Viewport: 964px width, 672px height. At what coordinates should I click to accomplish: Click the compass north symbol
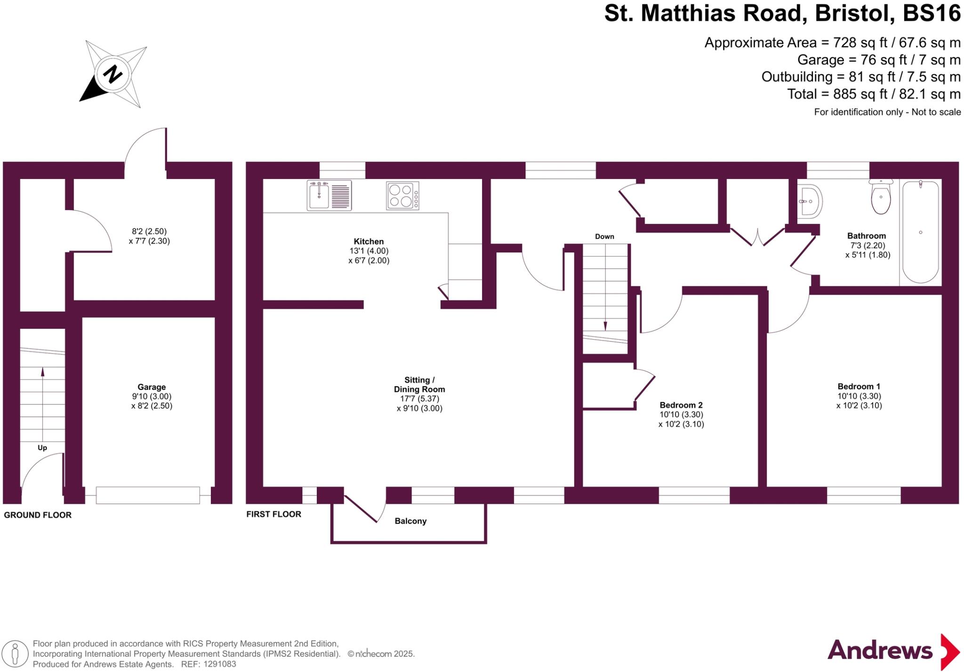click(113, 74)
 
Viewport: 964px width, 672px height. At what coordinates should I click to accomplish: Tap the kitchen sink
click(329, 195)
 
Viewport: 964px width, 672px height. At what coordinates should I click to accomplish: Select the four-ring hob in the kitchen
click(403, 195)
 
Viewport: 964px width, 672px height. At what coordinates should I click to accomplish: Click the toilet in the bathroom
click(881, 198)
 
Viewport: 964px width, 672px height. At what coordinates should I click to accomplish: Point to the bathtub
click(920, 232)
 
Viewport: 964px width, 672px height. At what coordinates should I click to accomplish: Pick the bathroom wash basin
click(810, 202)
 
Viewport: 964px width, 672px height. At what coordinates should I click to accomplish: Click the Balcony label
click(410, 521)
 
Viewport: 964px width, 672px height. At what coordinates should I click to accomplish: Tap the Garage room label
click(152, 387)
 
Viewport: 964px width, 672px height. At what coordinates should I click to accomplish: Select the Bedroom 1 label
click(859, 387)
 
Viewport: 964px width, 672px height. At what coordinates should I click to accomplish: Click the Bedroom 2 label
click(681, 405)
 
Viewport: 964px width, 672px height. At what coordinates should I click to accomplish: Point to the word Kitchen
click(369, 242)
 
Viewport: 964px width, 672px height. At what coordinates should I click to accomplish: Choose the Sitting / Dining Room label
click(419, 385)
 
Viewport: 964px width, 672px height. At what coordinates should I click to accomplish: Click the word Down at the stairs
click(604, 236)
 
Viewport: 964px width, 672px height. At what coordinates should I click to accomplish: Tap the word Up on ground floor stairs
click(42, 448)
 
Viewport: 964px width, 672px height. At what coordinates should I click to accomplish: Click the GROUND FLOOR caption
click(38, 515)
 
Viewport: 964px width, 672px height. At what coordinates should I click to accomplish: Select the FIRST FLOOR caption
click(273, 514)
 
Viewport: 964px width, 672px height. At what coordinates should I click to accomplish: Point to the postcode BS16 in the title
click(932, 13)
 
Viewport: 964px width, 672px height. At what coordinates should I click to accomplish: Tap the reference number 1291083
click(218, 664)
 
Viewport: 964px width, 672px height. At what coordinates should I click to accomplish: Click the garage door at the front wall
click(148, 495)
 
